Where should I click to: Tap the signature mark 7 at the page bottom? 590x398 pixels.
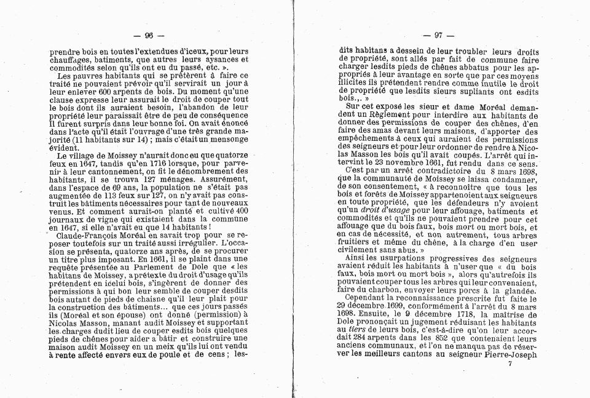pyautogui.click(x=509, y=364)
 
